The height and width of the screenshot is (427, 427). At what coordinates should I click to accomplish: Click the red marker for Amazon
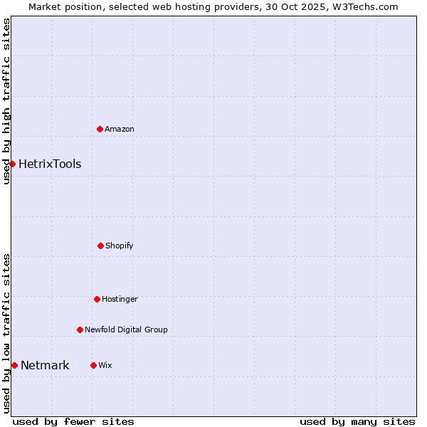pyautogui.click(x=100, y=129)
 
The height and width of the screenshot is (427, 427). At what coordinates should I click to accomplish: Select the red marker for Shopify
pyautogui.click(x=100, y=246)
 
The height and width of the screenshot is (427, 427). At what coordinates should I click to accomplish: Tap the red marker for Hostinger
pyautogui.click(x=97, y=299)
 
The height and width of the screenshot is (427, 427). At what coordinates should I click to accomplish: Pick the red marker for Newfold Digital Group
pyautogui.click(x=80, y=330)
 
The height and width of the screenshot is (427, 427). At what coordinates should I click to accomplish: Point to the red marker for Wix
pyautogui.click(x=93, y=365)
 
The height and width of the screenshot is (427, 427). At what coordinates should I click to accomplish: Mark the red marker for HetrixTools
pyautogui.click(x=12, y=164)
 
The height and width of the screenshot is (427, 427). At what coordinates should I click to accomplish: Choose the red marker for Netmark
pyautogui.click(x=14, y=365)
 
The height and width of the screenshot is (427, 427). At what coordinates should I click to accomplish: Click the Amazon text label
pyautogui.click(x=120, y=129)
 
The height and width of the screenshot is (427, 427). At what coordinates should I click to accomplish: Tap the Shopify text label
pyautogui.click(x=120, y=246)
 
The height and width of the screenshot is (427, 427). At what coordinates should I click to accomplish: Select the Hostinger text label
pyautogui.click(x=120, y=299)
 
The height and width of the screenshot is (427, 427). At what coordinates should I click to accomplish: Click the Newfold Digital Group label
pyautogui.click(x=126, y=330)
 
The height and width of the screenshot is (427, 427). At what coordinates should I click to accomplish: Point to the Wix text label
pyautogui.click(x=105, y=365)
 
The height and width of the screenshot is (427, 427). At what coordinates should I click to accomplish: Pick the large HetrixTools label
pyautogui.click(x=50, y=164)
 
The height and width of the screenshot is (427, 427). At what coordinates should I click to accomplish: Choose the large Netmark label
pyautogui.click(x=45, y=365)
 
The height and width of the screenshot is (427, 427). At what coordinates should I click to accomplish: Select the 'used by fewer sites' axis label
pyautogui.click(x=73, y=421)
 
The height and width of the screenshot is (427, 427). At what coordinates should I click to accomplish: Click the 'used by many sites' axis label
pyautogui.click(x=357, y=421)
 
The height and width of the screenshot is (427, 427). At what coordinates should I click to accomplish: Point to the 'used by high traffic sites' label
pyautogui.click(x=6, y=101)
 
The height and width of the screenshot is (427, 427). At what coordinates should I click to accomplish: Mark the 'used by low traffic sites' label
pyautogui.click(x=6, y=333)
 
